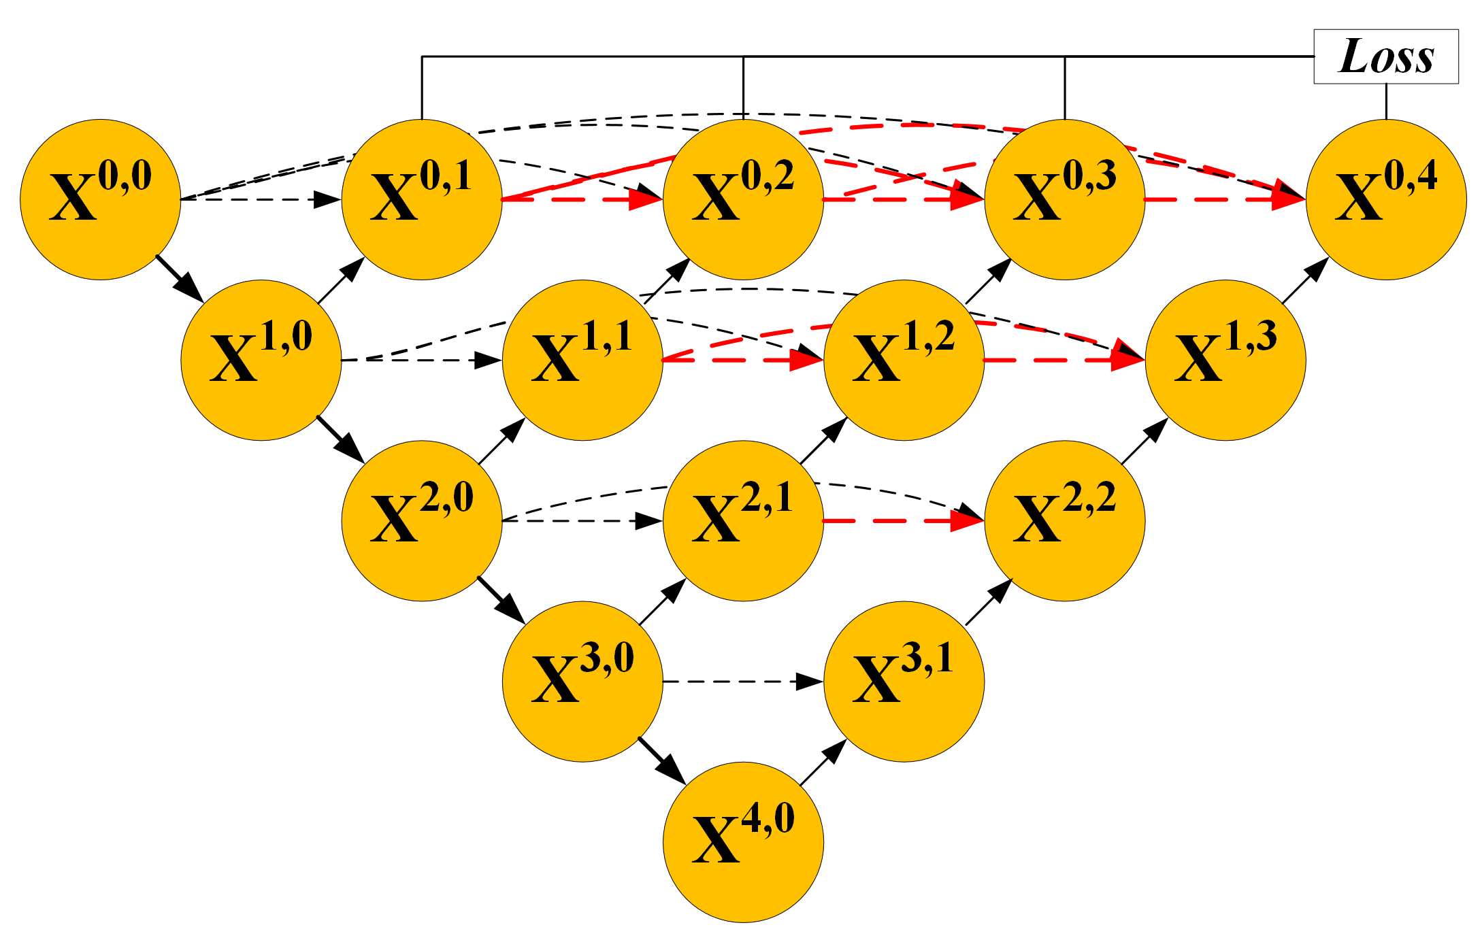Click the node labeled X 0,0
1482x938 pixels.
point(101,199)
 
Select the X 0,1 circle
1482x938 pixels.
point(422,199)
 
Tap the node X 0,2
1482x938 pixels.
point(743,199)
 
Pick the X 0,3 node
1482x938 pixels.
point(1065,199)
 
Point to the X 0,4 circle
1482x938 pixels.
point(1386,199)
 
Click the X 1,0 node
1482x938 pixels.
point(261,360)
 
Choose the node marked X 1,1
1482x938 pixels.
point(582,360)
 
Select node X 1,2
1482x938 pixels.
point(904,360)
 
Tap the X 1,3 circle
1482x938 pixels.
point(1225,360)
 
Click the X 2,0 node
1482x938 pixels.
point(422,520)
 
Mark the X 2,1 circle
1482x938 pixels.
point(743,520)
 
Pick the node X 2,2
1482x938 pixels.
point(1065,520)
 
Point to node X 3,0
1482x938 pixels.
point(582,681)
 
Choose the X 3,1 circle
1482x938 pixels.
point(904,681)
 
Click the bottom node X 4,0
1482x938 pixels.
point(743,841)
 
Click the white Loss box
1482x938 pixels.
point(1385,56)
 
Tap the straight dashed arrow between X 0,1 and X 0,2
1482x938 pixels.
point(582,200)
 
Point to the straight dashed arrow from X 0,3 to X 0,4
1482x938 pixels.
point(1225,200)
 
